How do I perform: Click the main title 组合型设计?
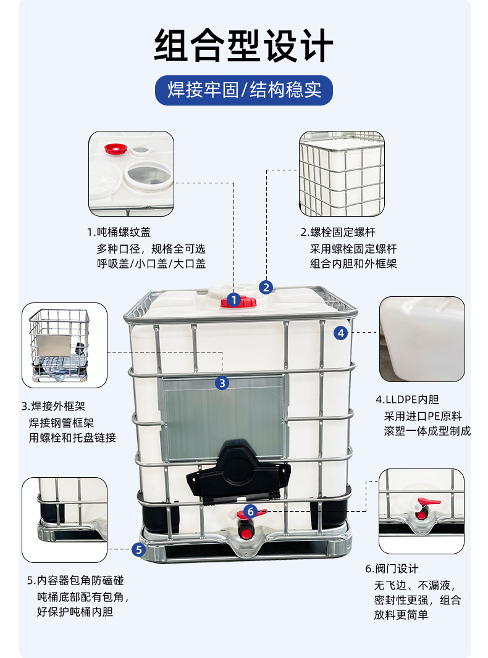(243, 46)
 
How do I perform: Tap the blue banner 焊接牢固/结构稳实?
(243, 90)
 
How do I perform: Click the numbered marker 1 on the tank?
(233, 301)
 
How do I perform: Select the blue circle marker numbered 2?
(266, 287)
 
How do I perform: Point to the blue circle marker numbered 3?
(222, 383)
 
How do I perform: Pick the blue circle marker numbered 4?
(340, 333)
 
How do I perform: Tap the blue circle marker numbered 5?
(139, 549)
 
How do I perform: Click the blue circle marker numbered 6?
(250, 511)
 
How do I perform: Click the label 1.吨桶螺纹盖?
(119, 233)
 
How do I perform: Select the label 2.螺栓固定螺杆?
(337, 233)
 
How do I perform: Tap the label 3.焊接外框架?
(53, 406)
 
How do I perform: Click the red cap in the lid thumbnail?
(115, 149)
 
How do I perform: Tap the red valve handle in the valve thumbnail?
(426, 502)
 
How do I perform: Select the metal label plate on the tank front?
(222, 417)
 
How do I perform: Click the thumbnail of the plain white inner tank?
(422, 339)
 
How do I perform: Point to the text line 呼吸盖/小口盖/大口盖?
(151, 264)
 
